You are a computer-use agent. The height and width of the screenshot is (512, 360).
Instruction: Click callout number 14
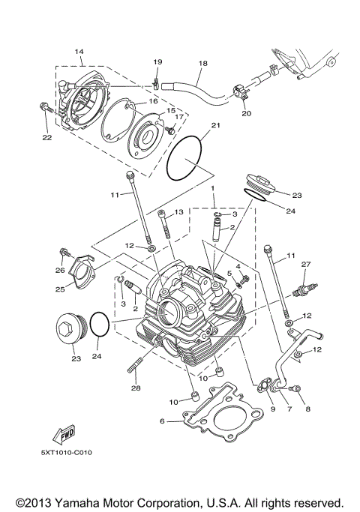[79, 51]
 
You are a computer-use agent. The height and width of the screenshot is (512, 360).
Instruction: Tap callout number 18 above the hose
[201, 65]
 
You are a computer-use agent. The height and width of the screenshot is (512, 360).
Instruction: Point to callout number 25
[59, 289]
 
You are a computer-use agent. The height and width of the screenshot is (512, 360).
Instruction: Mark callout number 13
[178, 213]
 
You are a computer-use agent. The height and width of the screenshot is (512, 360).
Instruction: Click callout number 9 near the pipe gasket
[272, 409]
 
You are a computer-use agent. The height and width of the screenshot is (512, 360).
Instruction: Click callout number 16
[151, 100]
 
